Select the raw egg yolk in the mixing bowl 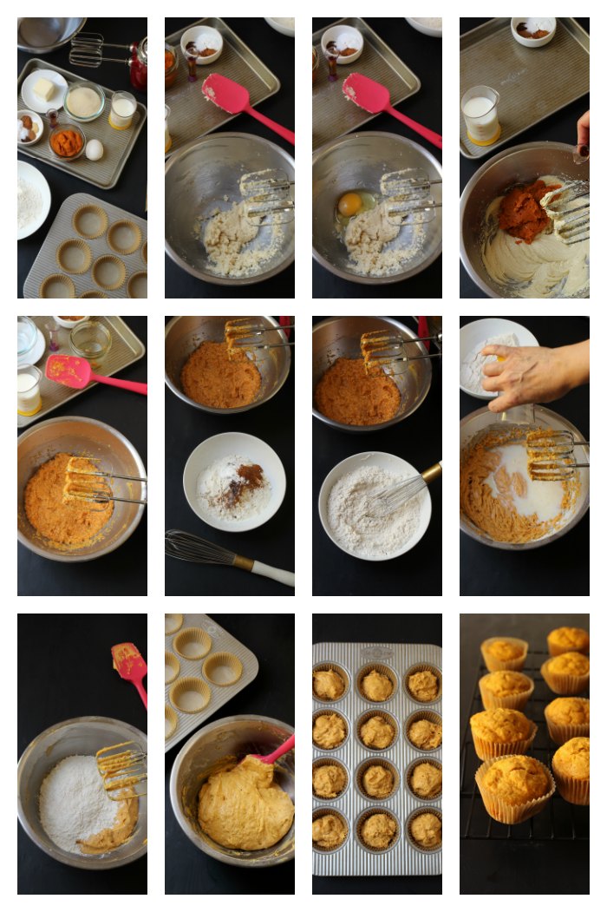pyautogui.click(x=349, y=204)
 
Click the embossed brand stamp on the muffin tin pyautogui.click(x=376, y=652)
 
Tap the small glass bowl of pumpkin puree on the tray pyautogui.click(x=67, y=142)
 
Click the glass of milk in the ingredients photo pyautogui.click(x=122, y=110)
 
